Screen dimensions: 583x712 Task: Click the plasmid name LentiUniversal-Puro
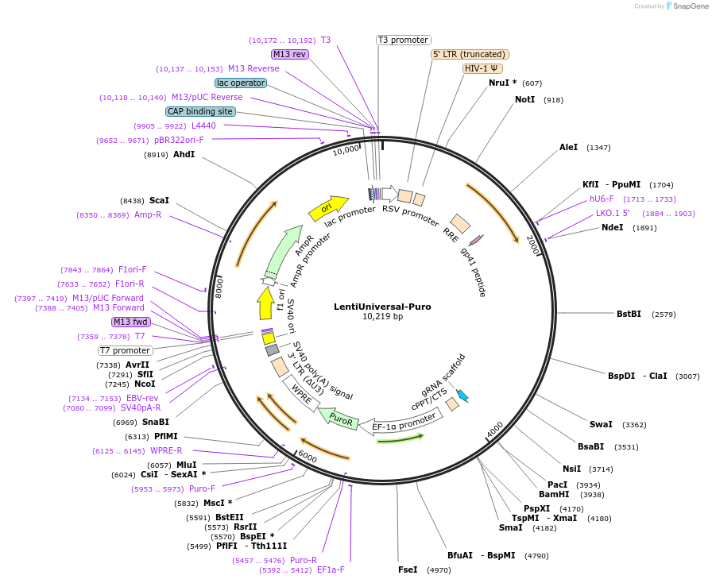click(x=382, y=306)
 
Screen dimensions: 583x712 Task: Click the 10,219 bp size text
click(x=382, y=316)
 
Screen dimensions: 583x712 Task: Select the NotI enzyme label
click(x=524, y=100)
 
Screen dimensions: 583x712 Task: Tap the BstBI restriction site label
click(x=629, y=314)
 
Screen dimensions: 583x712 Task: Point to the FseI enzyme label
click(x=408, y=569)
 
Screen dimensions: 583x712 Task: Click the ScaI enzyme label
click(x=159, y=201)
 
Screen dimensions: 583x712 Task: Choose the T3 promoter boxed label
click(x=403, y=40)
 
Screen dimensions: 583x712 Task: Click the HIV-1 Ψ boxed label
click(x=482, y=68)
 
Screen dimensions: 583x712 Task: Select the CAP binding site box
click(x=201, y=111)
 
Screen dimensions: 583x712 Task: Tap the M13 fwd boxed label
click(x=130, y=322)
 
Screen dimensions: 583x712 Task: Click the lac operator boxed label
click(x=240, y=83)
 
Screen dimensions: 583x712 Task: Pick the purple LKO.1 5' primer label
click(x=613, y=213)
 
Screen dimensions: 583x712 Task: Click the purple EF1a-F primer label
click(x=331, y=569)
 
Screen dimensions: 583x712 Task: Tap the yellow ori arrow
click(x=328, y=207)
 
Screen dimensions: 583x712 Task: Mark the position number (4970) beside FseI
click(x=439, y=570)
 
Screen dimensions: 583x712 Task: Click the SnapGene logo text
click(x=689, y=6)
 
